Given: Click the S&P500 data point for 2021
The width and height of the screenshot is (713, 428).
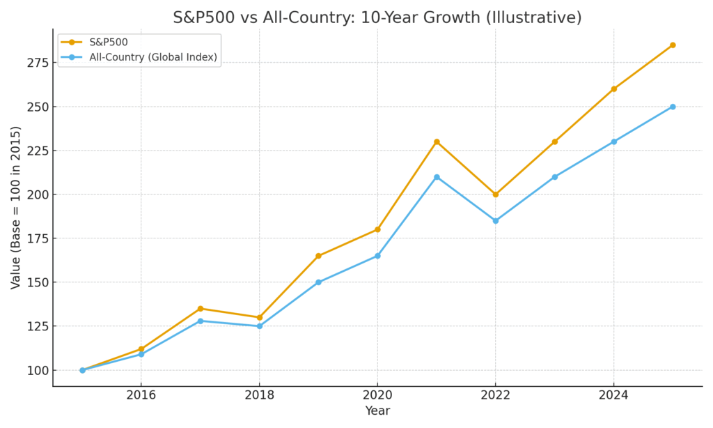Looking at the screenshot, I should (437, 142).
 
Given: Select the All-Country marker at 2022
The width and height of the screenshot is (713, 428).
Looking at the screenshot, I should (496, 221).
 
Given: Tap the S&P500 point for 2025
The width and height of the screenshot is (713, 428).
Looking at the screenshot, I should (673, 45).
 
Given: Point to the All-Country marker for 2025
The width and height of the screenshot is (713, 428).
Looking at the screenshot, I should (673, 107).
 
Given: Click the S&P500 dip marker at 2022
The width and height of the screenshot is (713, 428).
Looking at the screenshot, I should (496, 194).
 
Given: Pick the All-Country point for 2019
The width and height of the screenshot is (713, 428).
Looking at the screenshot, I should (318, 282).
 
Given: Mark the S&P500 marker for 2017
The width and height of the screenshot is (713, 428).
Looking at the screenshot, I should (201, 309).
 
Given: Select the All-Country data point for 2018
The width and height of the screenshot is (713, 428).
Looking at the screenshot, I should (260, 326).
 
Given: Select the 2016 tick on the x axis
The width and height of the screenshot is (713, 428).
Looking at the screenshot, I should (141, 395).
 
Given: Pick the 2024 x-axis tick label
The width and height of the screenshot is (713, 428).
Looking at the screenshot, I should (613, 395).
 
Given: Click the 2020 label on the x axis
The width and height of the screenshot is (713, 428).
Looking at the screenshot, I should (377, 395).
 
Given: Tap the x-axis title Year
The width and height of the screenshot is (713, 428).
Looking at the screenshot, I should (377, 411).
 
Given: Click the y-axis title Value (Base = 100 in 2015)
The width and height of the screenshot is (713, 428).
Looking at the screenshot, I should (16, 208).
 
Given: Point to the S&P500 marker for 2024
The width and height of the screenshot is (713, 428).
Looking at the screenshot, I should (613, 89).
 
